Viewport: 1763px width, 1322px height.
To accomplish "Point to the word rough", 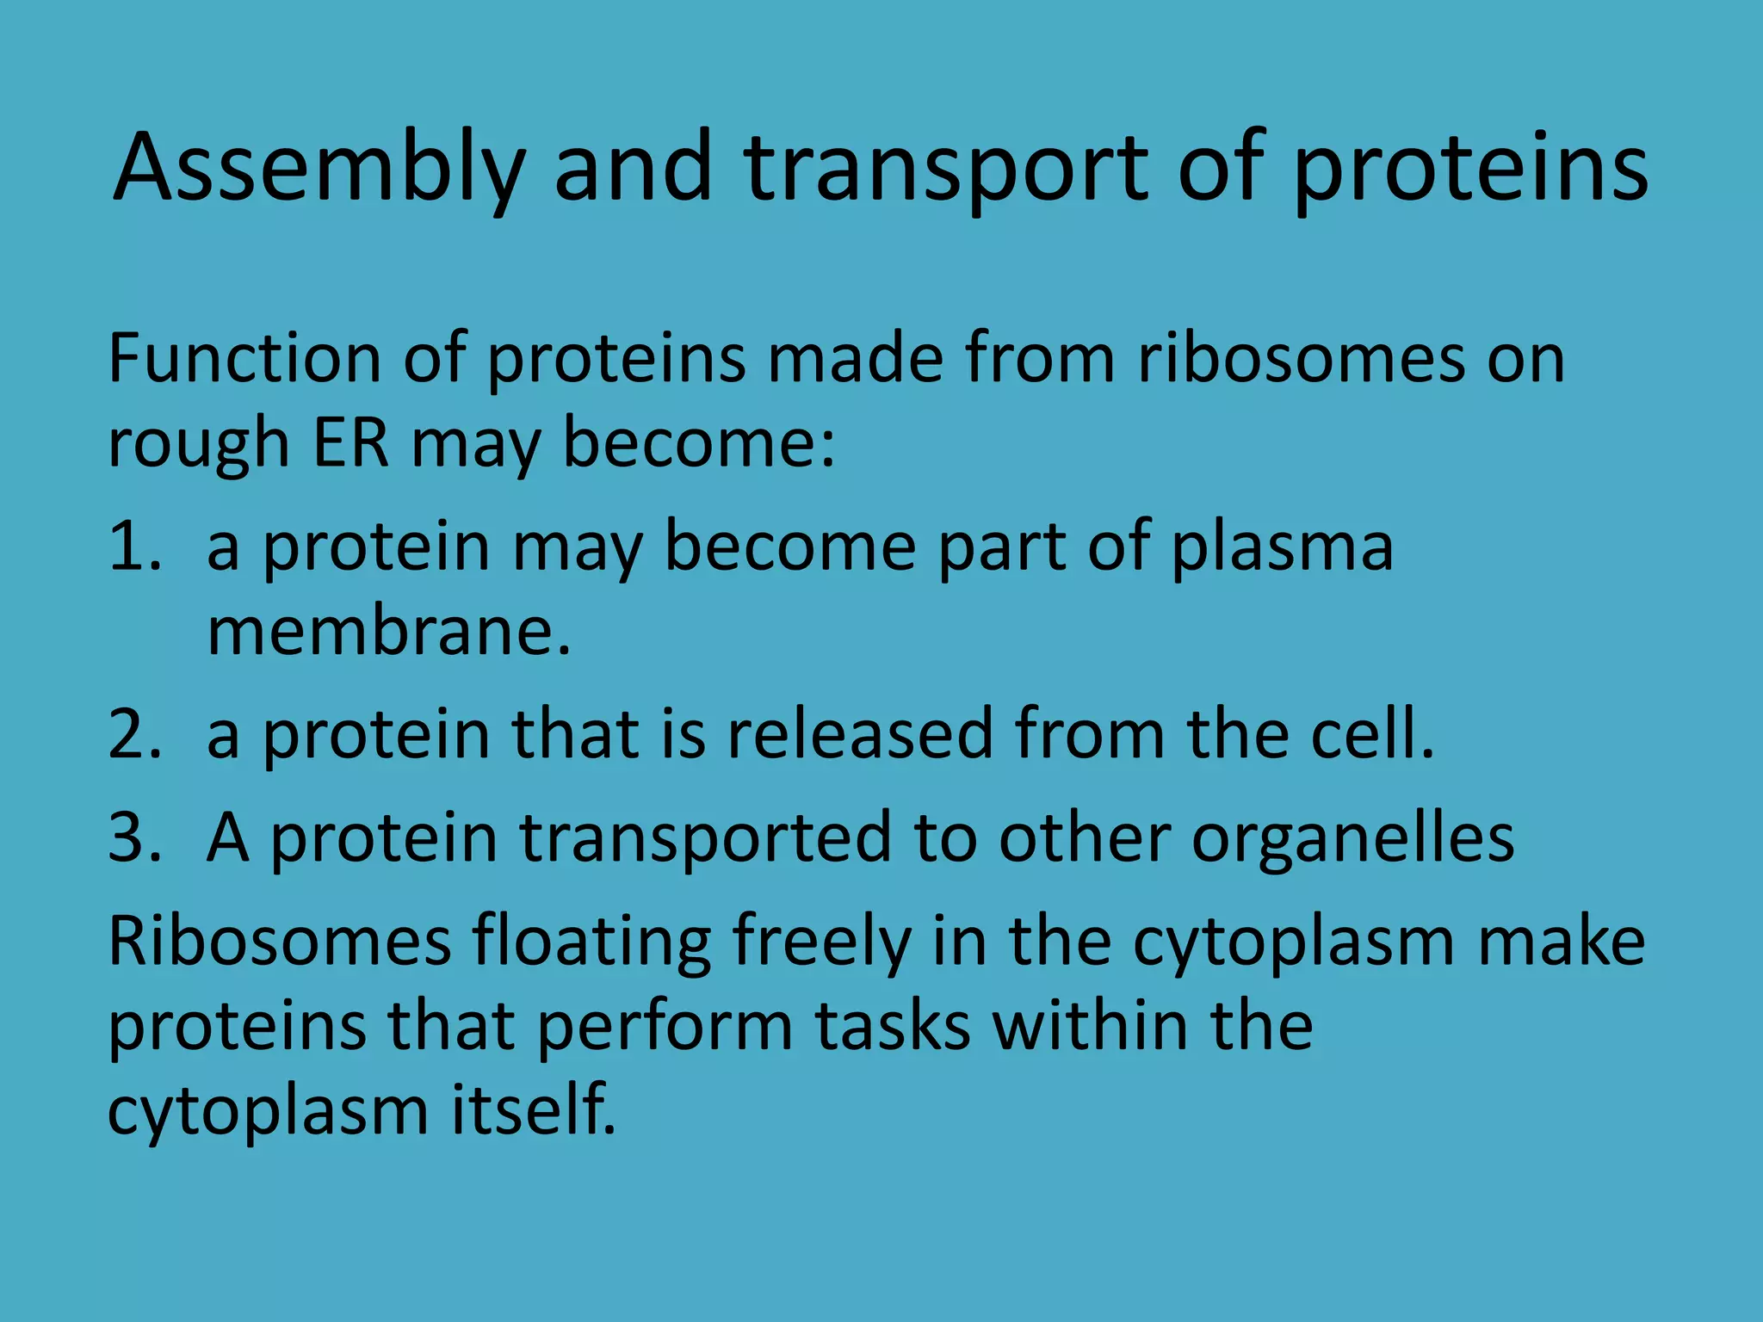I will coord(198,446).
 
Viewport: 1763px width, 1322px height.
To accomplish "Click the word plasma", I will coord(1282,548).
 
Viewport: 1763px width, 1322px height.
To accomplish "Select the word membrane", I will coord(388,632).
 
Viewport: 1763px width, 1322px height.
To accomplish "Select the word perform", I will coord(664,1027).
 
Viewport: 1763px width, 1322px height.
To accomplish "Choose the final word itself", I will coord(534,1109).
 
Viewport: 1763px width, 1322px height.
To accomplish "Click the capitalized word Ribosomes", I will coord(279,941).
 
